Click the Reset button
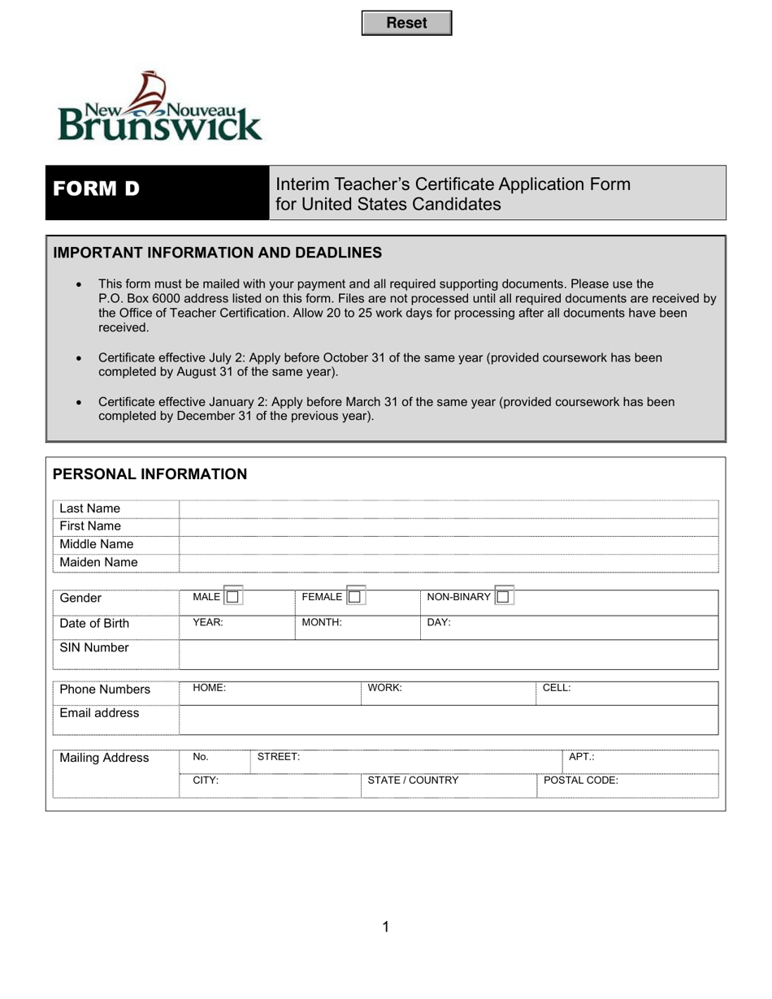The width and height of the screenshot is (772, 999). coord(406,24)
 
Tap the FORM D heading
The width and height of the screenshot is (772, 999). coord(97,189)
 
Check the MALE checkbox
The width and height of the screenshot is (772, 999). coord(233,597)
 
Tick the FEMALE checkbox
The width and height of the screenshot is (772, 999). coord(354,597)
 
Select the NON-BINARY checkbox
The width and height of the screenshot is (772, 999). coord(503,597)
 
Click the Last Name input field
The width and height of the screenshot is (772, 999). coord(449,509)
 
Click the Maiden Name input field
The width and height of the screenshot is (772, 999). coord(449,563)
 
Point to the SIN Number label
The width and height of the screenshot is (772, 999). coord(94,648)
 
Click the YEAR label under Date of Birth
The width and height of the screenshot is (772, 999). coord(208,623)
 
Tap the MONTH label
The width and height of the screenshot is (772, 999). coord(322,623)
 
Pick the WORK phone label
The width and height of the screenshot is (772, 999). coord(385,688)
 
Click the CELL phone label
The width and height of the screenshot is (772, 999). coord(557,688)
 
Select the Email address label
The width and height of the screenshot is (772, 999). coord(99,713)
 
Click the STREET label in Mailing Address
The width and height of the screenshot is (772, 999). coord(279,757)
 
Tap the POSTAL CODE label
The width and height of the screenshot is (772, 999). coord(581,781)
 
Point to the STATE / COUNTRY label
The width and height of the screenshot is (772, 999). coord(414,781)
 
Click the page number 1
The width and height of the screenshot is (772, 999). coord(386,927)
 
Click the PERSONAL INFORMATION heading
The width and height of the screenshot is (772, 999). coord(150,474)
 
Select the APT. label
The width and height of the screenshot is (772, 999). coord(582,757)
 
